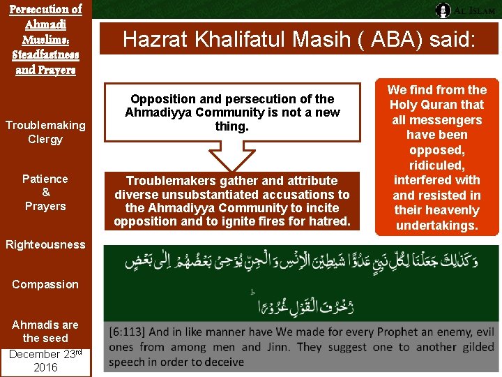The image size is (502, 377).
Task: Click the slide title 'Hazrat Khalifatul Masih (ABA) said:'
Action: point(299,39)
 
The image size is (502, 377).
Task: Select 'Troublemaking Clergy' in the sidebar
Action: point(45,132)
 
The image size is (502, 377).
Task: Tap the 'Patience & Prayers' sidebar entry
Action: point(45,192)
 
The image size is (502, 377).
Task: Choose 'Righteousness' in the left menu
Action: point(45,244)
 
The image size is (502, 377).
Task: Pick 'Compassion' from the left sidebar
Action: point(45,284)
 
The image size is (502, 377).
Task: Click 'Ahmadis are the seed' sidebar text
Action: point(45,331)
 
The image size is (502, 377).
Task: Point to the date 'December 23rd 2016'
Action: point(45,360)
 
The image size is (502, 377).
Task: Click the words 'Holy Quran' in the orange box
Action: point(437,105)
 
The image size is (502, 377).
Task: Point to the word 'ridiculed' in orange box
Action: point(437,165)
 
